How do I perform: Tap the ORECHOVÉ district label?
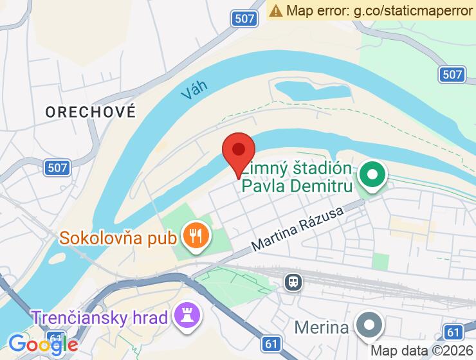pos(91,112)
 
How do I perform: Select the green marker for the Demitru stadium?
pos(371,174)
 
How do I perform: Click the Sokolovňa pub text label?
pos(118,238)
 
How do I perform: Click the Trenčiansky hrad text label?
pos(100,317)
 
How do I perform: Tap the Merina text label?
pos(322,327)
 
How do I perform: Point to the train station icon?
pos(293,282)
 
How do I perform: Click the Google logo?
pos(42,344)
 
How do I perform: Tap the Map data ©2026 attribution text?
pos(421,351)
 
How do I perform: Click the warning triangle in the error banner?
pos(276,10)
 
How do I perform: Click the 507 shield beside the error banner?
pos(244,19)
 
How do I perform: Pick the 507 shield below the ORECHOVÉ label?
pos(57,168)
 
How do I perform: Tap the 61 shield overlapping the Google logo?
pos(57,337)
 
